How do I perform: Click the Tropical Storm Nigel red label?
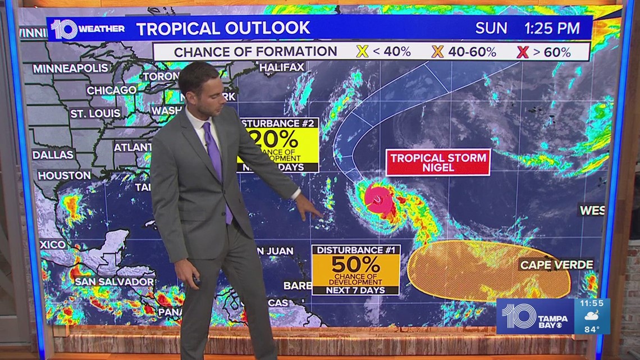[x=438, y=162]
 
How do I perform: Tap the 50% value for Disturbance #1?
[x=355, y=264]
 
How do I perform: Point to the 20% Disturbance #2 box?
[x=278, y=144]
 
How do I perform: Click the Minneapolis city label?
[x=70, y=69]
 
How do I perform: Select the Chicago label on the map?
[x=111, y=90]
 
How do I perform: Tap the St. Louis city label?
[x=95, y=113]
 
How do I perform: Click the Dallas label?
[x=53, y=154]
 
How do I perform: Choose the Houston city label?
[x=64, y=175]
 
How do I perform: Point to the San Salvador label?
[x=114, y=281]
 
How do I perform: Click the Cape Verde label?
[x=556, y=265]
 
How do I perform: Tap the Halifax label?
[x=282, y=67]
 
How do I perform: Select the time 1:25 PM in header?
[x=552, y=29]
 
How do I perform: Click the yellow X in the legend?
[x=362, y=52]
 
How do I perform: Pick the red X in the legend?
[x=523, y=52]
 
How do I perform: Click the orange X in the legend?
[x=437, y=52]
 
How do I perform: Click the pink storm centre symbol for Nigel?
[x=378, y=198]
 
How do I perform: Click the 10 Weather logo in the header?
[x=86, y=29]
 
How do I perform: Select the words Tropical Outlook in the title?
[x=223, y=28]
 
